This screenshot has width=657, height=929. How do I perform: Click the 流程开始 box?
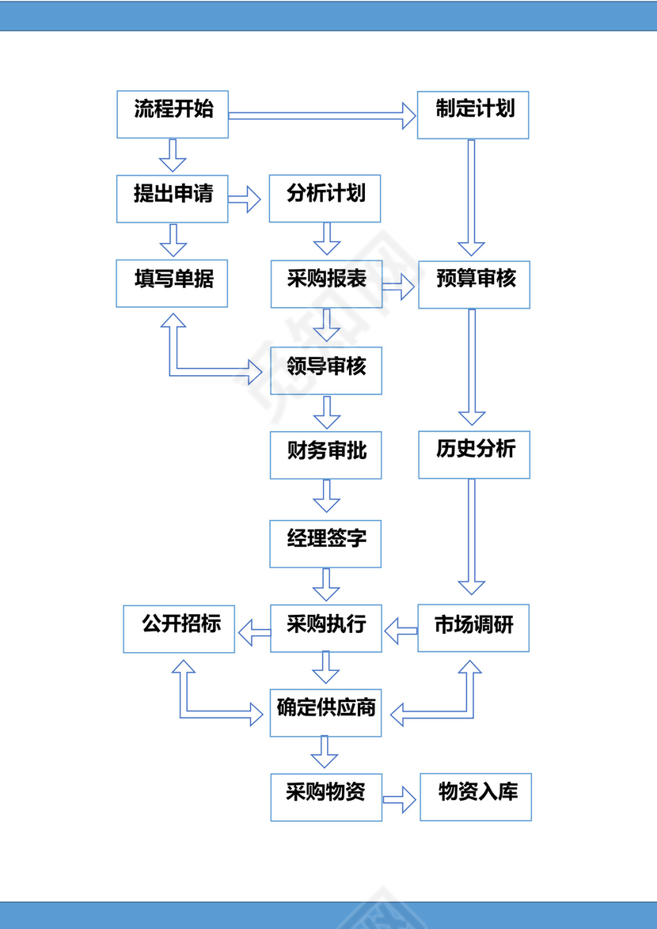coord(173,114)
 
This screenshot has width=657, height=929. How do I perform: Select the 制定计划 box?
coord(473,115)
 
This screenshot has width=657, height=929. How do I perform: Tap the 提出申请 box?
coord(173,198)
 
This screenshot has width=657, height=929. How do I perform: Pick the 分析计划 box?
coord(325,198)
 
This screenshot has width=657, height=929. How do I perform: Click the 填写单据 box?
coord(173,283)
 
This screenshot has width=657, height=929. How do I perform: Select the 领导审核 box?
coord(326,370)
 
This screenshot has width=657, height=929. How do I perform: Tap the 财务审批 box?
coord(326,455)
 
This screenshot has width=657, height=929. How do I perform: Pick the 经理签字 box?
coord(325,544)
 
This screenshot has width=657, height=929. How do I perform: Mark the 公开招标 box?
coord(179,629)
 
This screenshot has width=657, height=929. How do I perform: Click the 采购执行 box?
coord(326,628)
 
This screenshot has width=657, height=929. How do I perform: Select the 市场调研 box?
coord(473,628)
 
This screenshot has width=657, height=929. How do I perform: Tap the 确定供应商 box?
coord(326,713)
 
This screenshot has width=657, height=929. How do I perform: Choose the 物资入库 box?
coord(476,797)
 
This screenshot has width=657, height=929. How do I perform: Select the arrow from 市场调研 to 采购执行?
coord(401,630)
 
